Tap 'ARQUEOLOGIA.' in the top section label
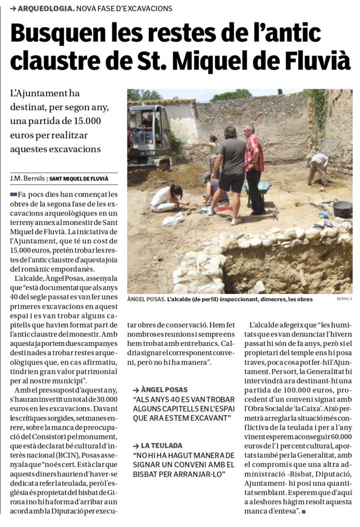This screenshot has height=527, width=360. click(46, 9)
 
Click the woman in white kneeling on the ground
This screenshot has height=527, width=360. click(167, 198)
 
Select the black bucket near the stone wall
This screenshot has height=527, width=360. click(342, 208)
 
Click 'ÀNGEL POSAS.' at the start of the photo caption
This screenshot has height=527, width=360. click(146, 299)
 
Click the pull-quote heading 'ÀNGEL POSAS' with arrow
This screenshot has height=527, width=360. click(163, 390)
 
